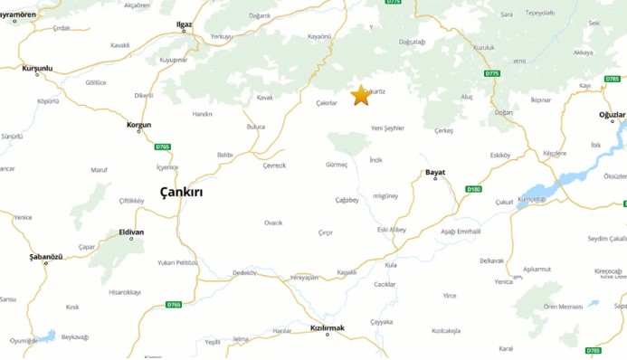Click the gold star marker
[x=360, y=95]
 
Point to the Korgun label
[x=139, y=124]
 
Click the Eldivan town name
[x=131, y=232]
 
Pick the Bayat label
[x=435, y=172]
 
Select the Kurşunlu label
[x=37, y=68]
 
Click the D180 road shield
[x=472, y=189]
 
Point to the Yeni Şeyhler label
[x=388, y=128]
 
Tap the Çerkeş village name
[x=443, y=130]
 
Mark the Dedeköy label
[x=245, y=272]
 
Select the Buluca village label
[x=256, y=127]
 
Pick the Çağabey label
[x=347, y=200]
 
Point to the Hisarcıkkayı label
[x=124, y=292]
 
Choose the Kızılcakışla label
[x=446, y=330]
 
